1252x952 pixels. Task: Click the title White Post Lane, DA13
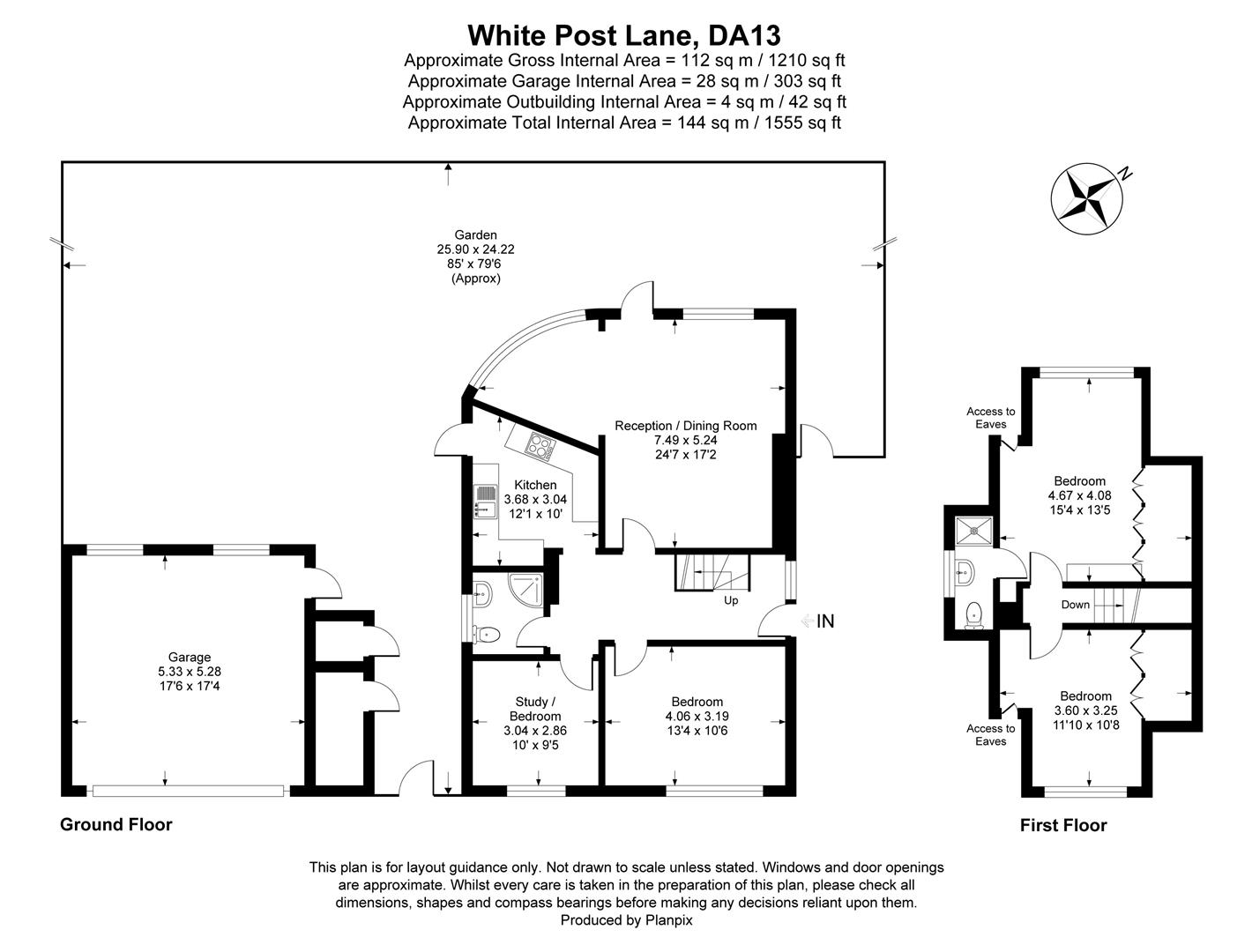[624, 35]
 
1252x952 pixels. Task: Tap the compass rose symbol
[1085, 198]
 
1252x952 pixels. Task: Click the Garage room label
[190, 657]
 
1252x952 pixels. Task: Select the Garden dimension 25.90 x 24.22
[475, 249]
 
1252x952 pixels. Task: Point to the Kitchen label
[535, 485]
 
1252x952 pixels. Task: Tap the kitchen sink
[484, 502]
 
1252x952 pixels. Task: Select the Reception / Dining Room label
[685, 426]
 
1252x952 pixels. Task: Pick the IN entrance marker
[824, 621]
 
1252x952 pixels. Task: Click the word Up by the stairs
[731, 600]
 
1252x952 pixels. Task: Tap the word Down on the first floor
[1075, 605]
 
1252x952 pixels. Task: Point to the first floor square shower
[973, 529]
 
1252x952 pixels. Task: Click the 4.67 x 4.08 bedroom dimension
[1079, 495]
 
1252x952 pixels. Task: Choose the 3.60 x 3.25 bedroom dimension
[1085, 710]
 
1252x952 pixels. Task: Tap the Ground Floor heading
[116, 824]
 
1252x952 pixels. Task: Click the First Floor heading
[1062, 825]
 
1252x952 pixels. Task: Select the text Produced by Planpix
[626, 919]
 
